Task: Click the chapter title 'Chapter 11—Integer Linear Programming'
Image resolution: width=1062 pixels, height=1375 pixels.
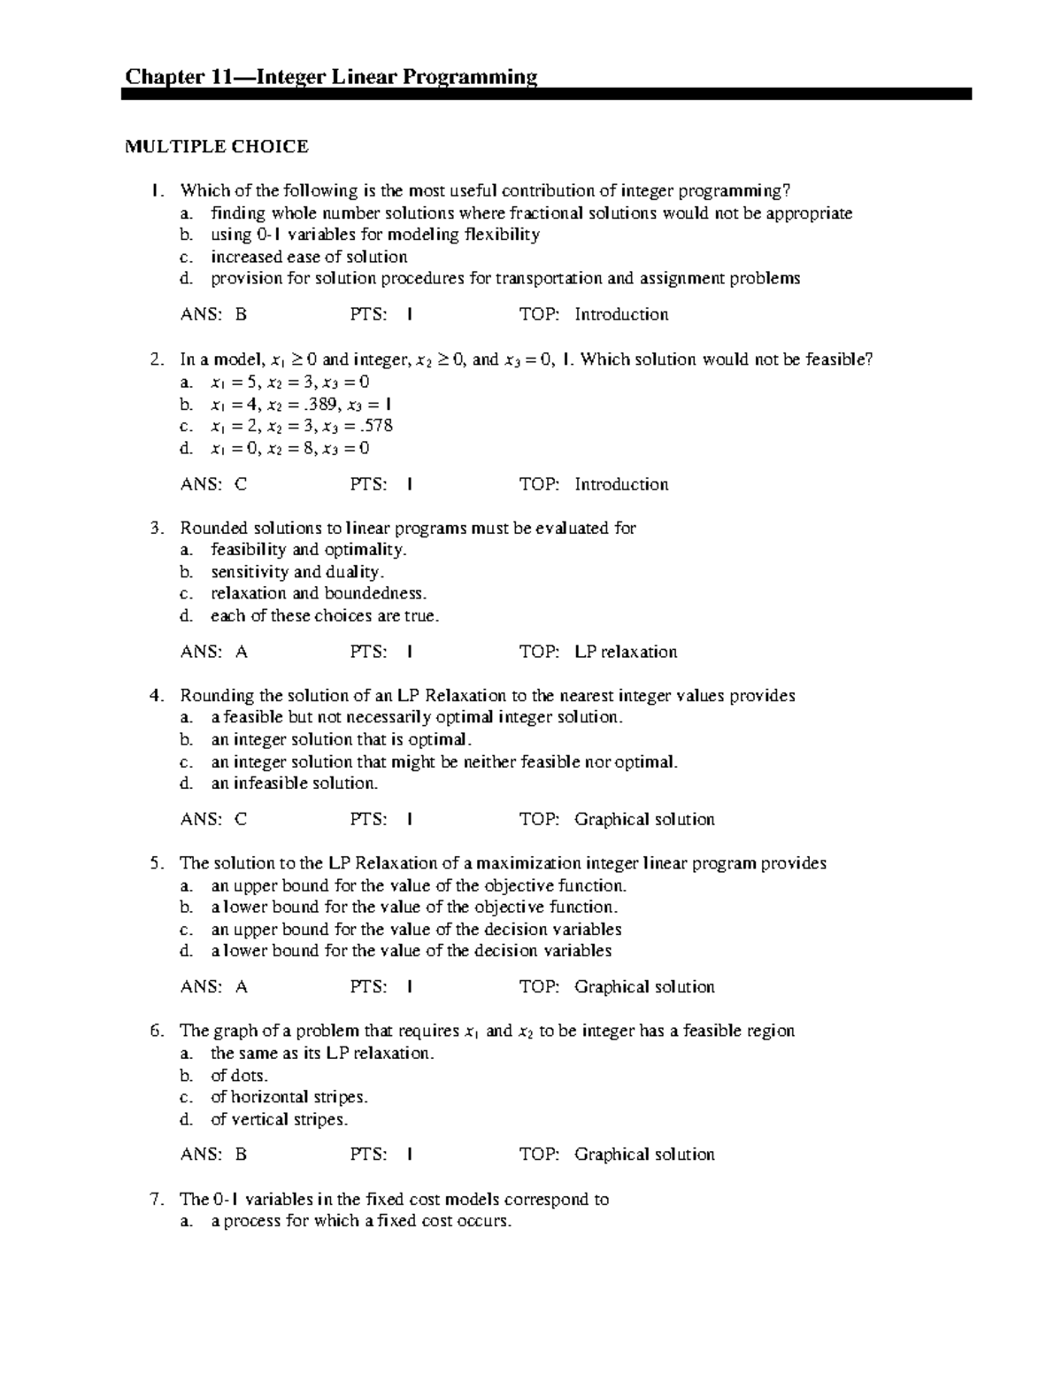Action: point(331,77)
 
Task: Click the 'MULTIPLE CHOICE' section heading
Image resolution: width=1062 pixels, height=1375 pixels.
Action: point(216,147)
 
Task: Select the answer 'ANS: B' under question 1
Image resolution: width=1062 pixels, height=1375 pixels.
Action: point(213,314)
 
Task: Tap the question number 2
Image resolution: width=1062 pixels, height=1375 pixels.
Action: point(157,359)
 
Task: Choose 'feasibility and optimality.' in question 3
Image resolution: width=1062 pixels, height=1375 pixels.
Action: point(308,550)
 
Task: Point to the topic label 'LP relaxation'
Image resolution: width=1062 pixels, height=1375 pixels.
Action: point(625,653)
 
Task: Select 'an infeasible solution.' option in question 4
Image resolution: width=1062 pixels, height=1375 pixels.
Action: point(294,784)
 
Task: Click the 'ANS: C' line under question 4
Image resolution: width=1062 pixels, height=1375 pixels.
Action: point(213,820)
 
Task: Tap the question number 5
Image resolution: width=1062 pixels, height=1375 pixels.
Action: point(157,863)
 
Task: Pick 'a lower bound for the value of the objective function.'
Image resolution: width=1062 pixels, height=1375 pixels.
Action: point(413,908)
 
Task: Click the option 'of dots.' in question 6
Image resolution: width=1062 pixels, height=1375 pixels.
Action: point(239,1076)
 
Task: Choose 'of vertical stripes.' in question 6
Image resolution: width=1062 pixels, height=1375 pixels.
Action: point(279,1120)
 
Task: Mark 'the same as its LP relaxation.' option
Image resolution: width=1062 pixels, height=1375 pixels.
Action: point(322,1054)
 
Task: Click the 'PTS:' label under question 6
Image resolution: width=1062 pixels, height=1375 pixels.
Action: point(368,1155)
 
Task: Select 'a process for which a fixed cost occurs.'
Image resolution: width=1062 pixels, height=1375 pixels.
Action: point(360,1222)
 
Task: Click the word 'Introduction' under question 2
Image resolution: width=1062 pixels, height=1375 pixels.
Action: point(621,484)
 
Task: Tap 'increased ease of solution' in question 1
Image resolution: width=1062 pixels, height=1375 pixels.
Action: point(309,258)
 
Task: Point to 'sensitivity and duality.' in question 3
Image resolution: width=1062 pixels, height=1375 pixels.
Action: point(296,572)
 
